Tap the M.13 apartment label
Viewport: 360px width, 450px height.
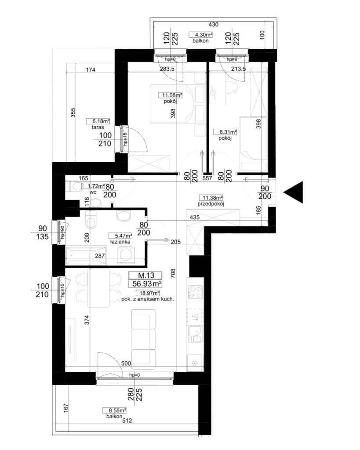click(146, 276)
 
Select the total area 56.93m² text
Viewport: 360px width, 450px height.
click(147, 284)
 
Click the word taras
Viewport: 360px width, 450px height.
click(98, 127)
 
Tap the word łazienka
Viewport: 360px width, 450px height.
click(120, 242)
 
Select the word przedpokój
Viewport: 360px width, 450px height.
click(211, 204)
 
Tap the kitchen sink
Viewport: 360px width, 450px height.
click(195, 334)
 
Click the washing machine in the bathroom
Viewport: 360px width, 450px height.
click(126, 254)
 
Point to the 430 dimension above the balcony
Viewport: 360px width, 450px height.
click(213, 25)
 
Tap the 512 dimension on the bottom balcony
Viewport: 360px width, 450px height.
click(127, 421)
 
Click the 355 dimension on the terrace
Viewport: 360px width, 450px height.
click(73, 112)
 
